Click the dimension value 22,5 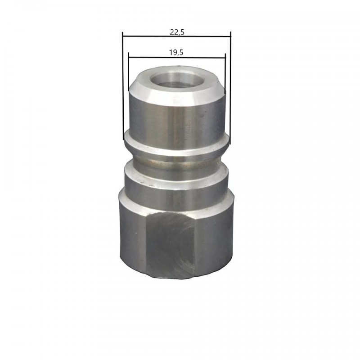(177, 32)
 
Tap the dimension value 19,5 (176, 53)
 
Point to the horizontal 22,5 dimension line (177, 36)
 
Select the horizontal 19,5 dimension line (177, 57)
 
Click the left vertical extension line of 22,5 (123, 85)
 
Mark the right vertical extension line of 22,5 (230, 88)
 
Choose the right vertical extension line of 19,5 (225, 74)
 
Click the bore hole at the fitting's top (178, 81)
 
